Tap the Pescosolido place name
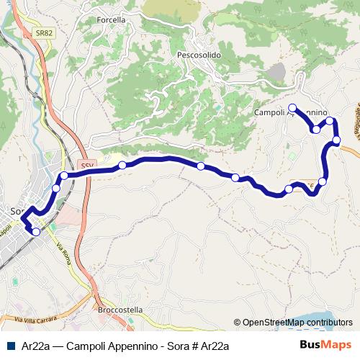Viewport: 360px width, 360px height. (199, 55)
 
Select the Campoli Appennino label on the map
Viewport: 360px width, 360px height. (291, 113)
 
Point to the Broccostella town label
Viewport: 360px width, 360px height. (120, 310)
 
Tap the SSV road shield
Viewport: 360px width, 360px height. (86, 164)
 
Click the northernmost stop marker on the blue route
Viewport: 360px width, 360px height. (292, 108)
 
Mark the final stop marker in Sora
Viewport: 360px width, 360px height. (36, 231)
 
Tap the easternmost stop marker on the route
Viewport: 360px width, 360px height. (336, 140)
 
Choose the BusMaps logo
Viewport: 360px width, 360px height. (325, 346)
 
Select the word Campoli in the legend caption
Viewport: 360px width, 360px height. (83, 346)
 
